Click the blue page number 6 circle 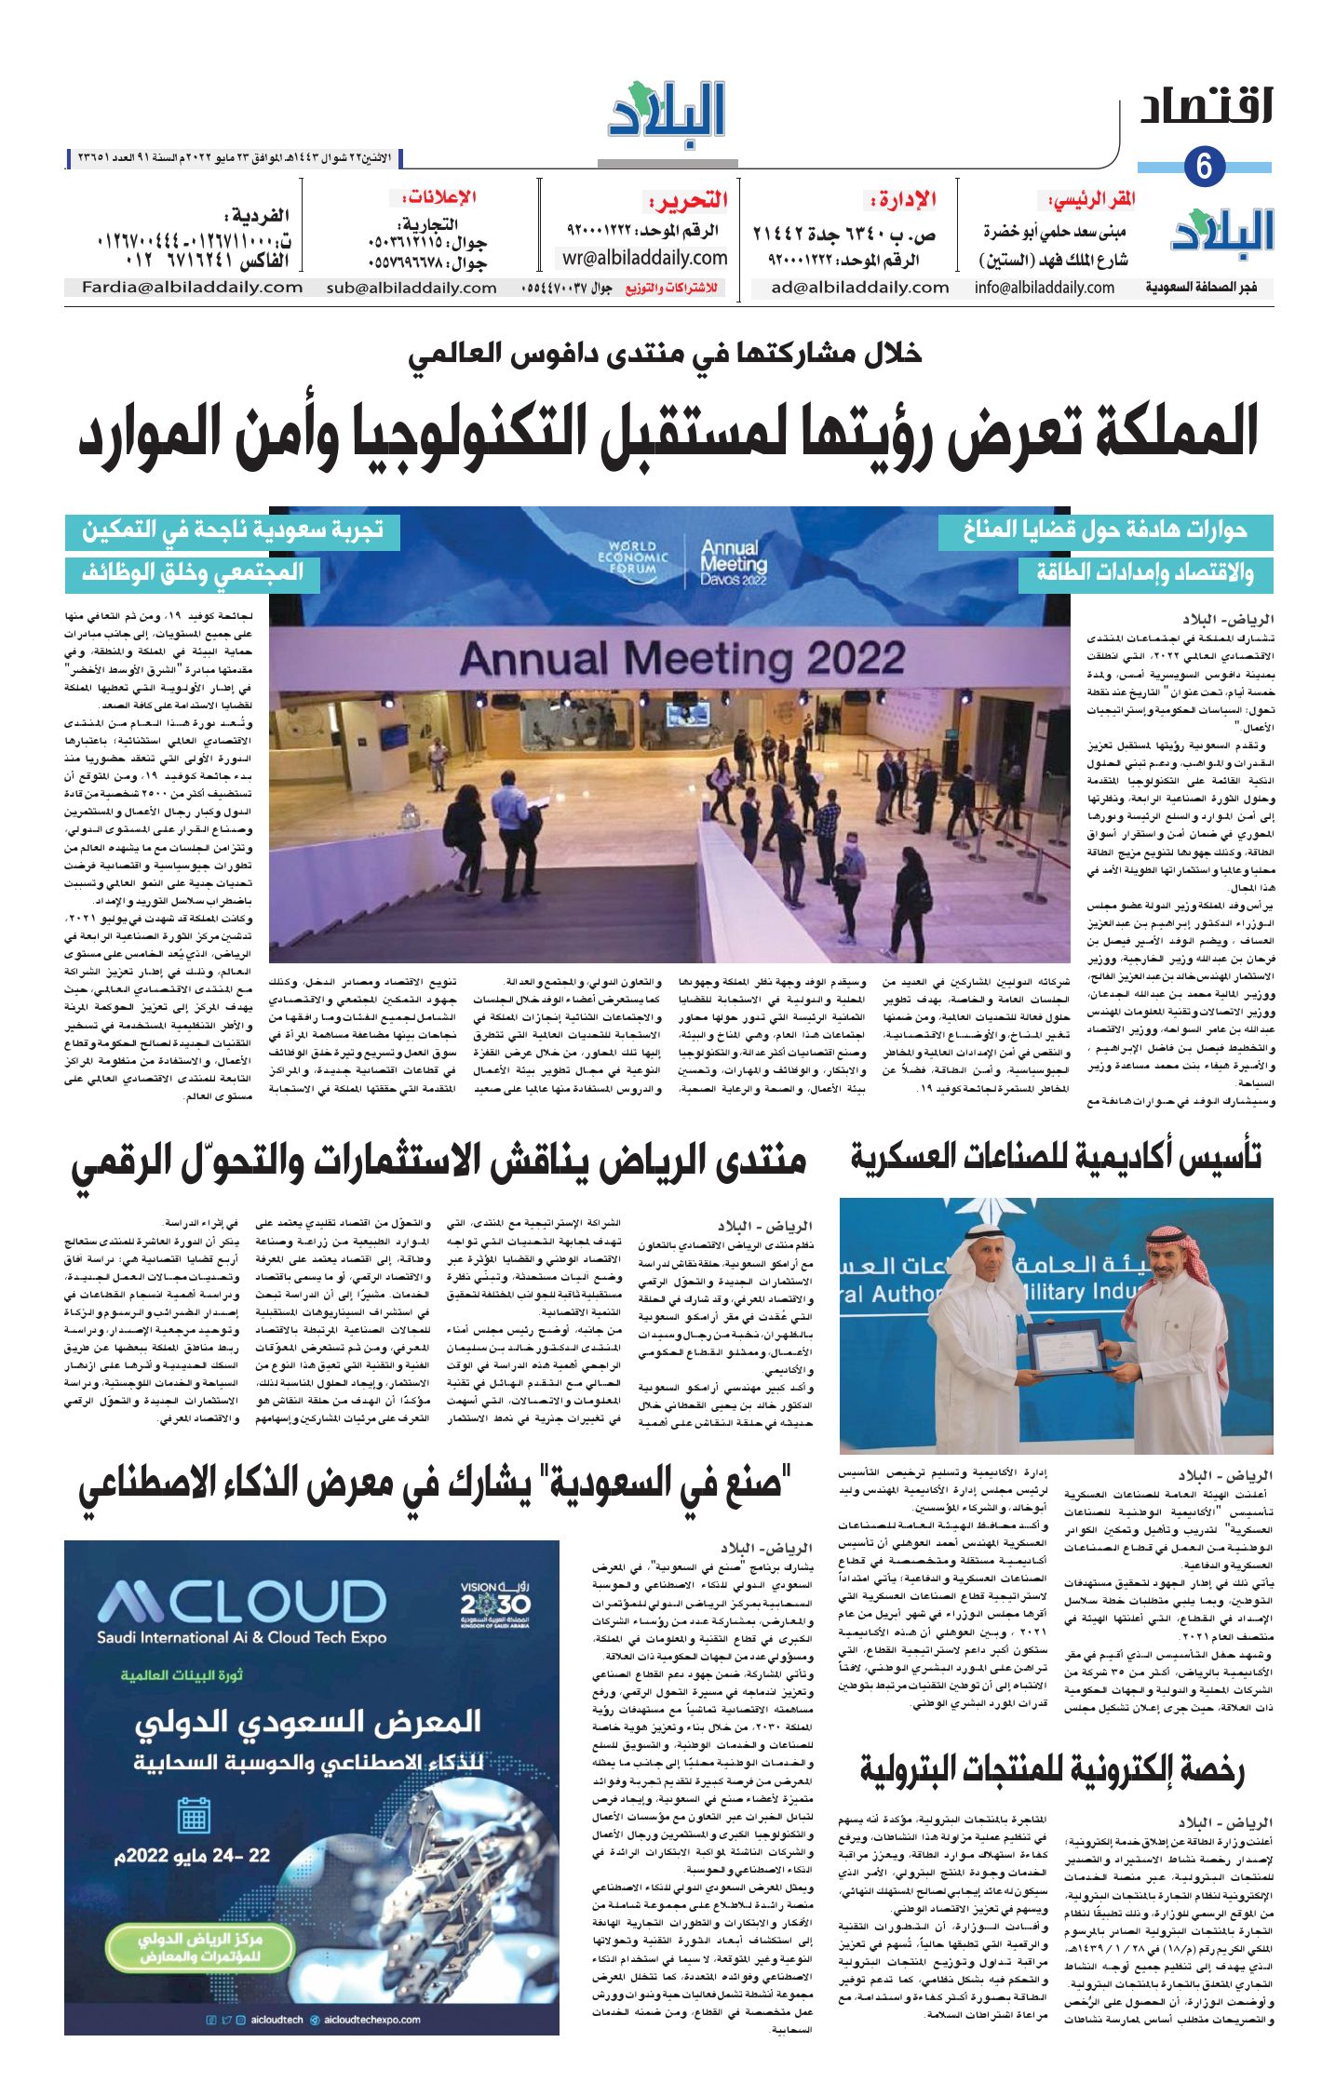pos(1204,167)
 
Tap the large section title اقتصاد pos(1206,108)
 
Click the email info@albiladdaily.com pos(1045,288)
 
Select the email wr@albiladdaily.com pos(644,258)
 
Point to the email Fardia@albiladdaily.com pos(193,288)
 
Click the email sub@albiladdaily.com pos(411,288)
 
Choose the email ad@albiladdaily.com pos(859,288)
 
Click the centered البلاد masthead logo pos(667,112)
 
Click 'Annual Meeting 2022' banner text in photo pos(681,659)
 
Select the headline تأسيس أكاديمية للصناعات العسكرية pos(1056,1157)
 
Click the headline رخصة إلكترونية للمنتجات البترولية pos(1052,1769)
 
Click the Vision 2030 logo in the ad pos(494,1602)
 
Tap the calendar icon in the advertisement pos(194,1815)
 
